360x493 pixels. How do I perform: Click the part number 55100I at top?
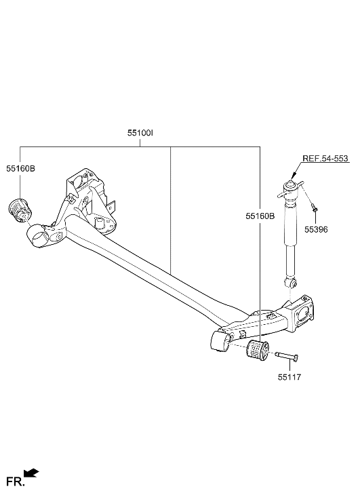point(139,134)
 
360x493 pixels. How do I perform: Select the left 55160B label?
point(21,167)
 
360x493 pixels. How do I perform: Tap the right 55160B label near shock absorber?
point(260,216)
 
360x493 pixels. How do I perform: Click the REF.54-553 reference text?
point(325,159)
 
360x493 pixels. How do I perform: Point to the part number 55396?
point(315,230)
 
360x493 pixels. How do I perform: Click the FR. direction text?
point(15,482)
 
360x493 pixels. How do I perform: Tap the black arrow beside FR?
point(31,473)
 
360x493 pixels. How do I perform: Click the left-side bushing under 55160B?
point(20,210)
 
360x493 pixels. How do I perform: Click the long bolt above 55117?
point(286,355)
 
